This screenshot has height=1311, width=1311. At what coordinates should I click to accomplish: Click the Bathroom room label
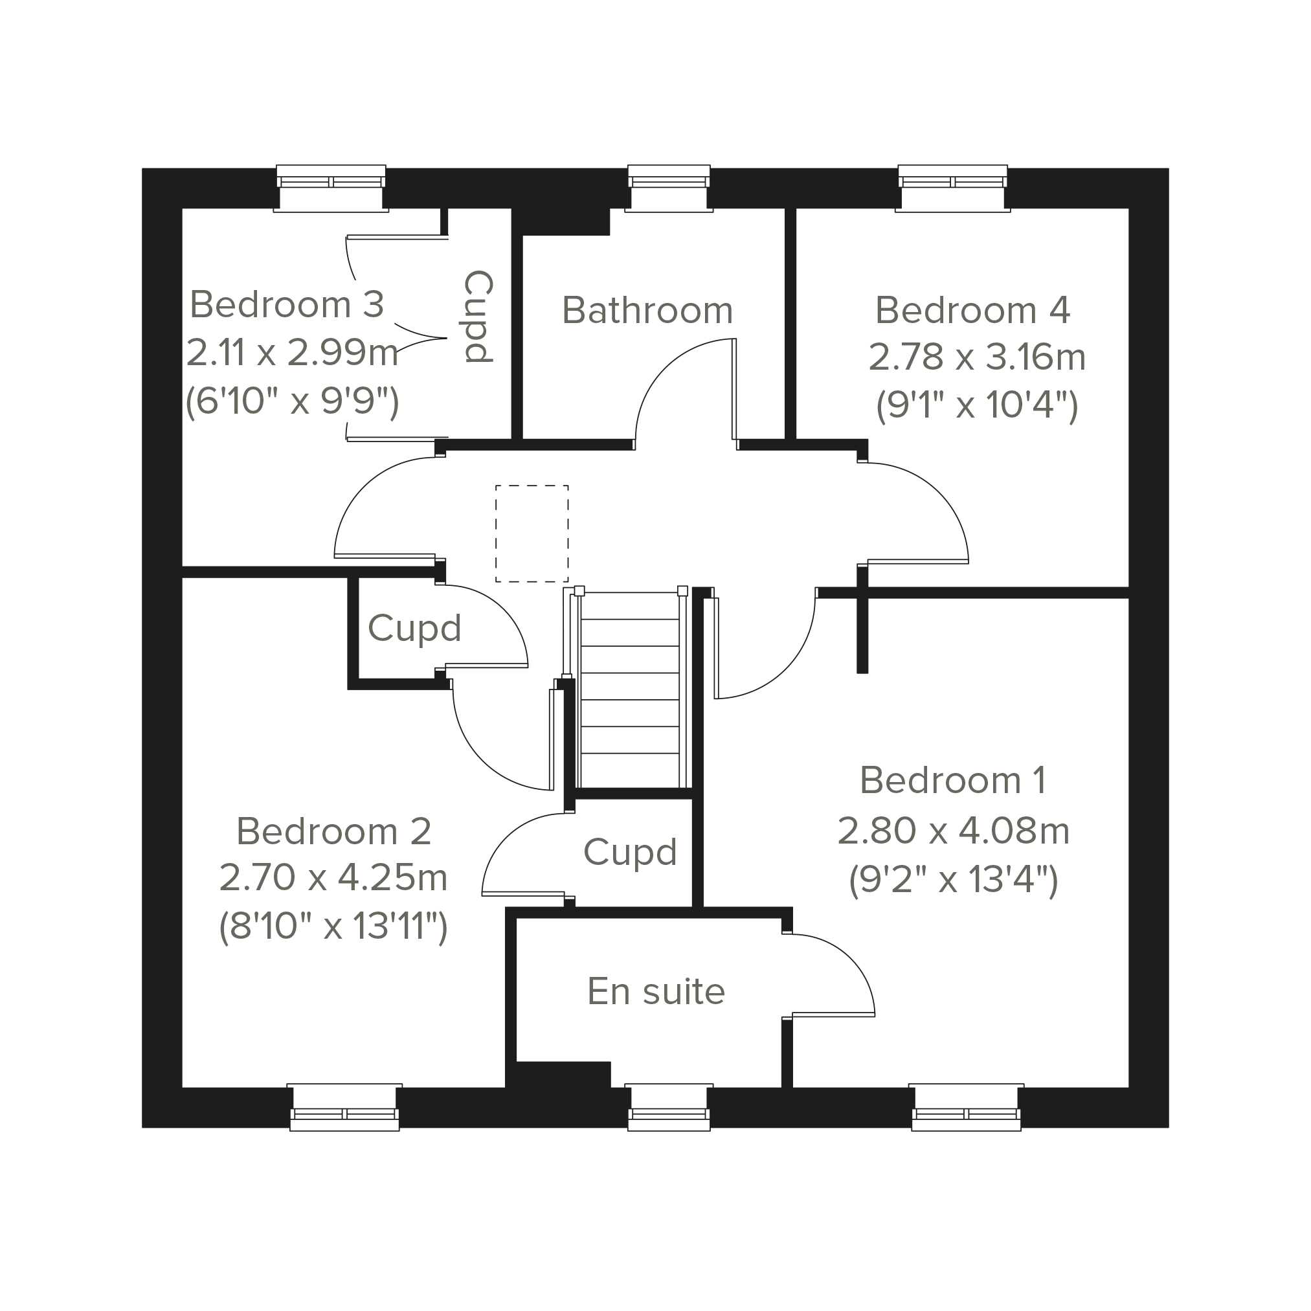click(x=648, y=311)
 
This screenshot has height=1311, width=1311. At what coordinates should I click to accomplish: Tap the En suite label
click(x=656, y=991)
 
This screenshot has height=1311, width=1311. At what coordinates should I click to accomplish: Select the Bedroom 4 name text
click(x=972, y=310)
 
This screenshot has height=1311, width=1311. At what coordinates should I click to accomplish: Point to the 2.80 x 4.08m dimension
click(x=954, y=831)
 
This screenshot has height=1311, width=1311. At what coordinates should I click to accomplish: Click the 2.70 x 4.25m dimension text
click(x=333, y=878)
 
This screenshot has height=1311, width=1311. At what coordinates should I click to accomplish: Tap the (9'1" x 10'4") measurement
click(x=977, y=405)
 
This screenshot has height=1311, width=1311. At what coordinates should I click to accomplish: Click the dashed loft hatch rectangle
click(x=532, y=534)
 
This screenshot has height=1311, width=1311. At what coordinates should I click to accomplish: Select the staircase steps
click(x=631, y=689)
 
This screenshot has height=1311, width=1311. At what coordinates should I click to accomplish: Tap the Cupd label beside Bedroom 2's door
click(x=414, y=629)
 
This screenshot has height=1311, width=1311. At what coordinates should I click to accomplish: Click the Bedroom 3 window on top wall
click(x=331, y=188)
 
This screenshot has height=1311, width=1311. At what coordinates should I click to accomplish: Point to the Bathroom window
click(x=669, y=188)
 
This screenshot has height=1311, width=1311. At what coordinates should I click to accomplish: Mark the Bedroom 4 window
click(x=953, y=188)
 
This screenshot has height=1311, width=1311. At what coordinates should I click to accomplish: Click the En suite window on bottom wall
click(x=669, y=1108)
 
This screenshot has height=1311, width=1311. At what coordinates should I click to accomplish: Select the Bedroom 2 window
click(x=344, y=1108)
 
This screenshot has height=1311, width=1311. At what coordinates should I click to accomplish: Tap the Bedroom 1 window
click(x=967, y=1108)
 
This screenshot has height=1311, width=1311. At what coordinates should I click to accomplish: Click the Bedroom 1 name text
click(x=953, y=780)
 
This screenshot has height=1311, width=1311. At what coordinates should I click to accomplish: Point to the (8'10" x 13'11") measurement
click(x=333, y=926)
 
